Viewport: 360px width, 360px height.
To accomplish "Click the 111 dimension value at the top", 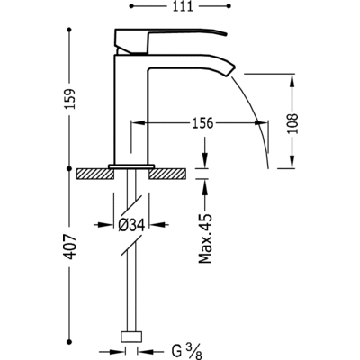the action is [183, 6].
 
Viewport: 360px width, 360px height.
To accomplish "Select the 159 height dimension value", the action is [71, 99].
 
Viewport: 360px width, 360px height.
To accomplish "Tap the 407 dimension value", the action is [71, 247].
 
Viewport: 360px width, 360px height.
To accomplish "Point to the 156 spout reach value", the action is [202, 122].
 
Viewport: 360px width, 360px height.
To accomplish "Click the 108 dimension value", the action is [292, 123].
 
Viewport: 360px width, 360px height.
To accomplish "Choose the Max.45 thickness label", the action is [205, 238].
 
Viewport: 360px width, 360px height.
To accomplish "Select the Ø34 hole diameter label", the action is [131, 224].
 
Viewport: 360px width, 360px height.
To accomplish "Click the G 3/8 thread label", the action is [187, 351].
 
